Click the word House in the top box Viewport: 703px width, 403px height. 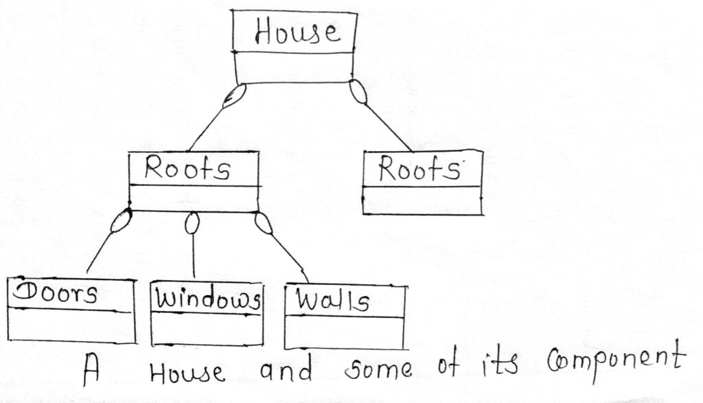296,32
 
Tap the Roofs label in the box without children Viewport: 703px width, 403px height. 419,170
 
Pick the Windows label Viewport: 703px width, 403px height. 207,299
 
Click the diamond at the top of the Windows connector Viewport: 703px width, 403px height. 194,222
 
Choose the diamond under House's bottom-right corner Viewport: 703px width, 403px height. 359,93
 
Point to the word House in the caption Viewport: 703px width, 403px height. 187,373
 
